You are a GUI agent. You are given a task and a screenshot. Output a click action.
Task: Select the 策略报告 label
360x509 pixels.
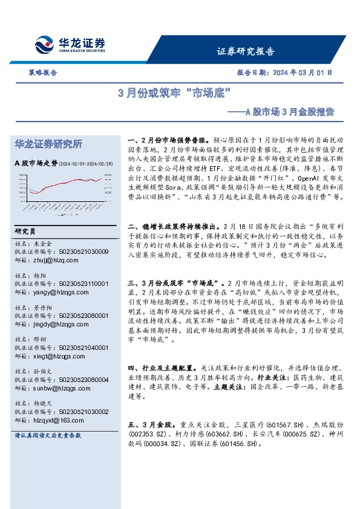(42, 72)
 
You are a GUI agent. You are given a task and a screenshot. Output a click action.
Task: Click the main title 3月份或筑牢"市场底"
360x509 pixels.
(175, 94)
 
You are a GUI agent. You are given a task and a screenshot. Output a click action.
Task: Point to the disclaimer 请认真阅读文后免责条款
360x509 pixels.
(48, 435)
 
